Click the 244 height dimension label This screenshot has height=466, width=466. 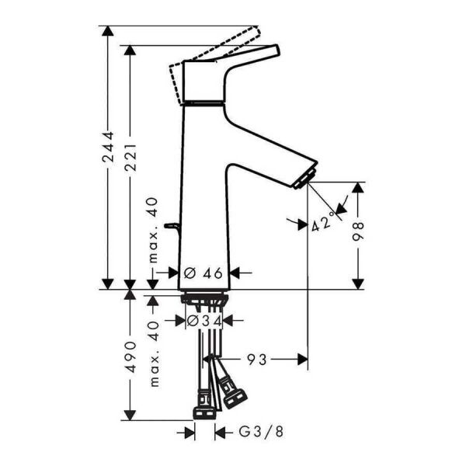109,156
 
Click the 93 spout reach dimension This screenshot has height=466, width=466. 258,359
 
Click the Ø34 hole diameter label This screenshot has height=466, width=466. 205,320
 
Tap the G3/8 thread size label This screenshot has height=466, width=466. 251,432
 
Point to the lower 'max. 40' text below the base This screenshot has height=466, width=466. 154,353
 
